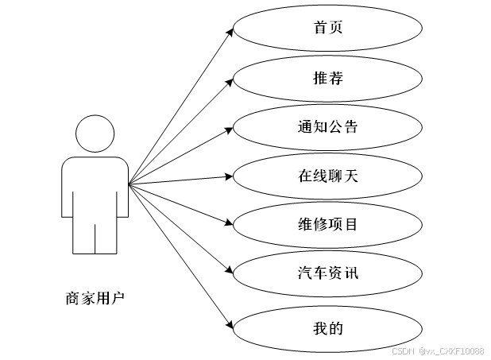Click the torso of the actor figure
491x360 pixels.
point(95,187)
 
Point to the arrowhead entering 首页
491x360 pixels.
point(230,32)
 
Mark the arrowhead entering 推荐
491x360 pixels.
point(230,79)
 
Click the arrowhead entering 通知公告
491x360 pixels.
point(230,127)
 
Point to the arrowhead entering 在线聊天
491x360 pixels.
point(230,176)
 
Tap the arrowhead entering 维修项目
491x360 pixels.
point(230,225)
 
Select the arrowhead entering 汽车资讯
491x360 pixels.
point(230,274)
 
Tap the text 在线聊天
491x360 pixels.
point(327,176)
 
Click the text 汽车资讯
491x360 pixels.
point(327,273)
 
